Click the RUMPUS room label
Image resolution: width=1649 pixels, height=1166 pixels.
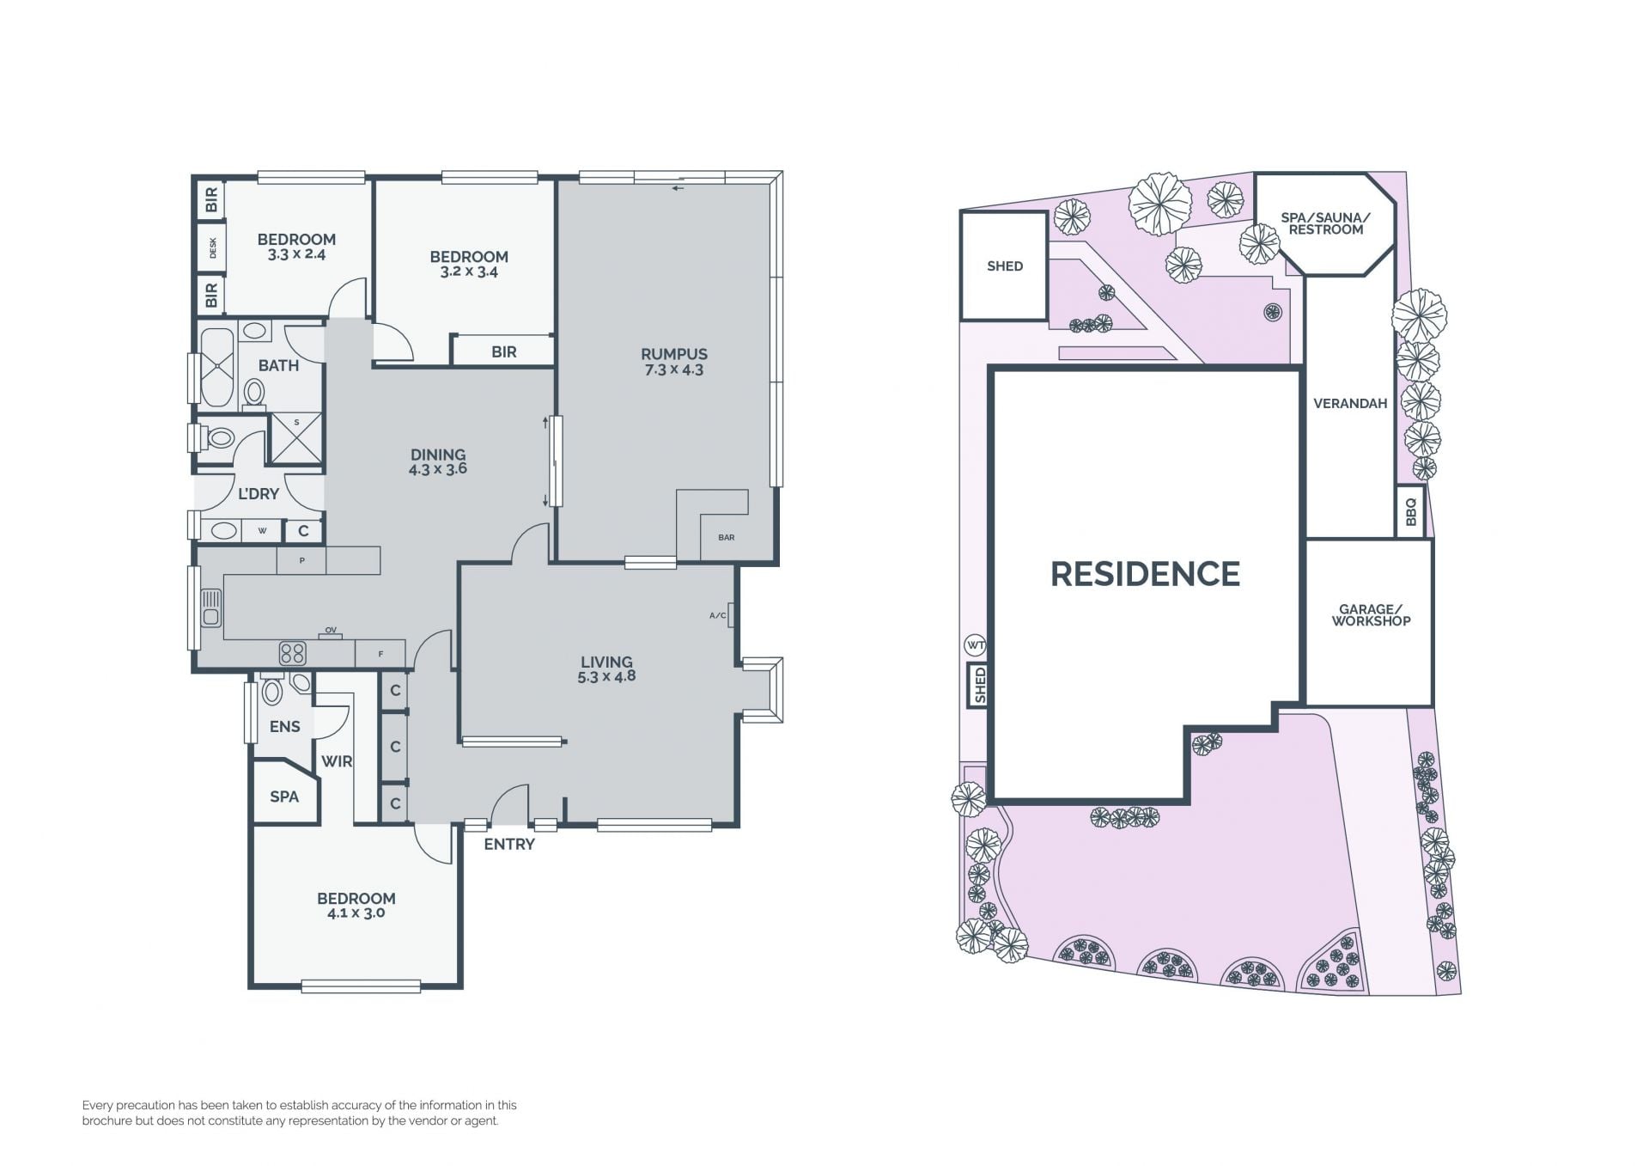tap(674, 354)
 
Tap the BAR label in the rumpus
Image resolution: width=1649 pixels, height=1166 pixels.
tap(727, 538)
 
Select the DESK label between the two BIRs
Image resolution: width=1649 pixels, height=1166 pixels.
tap(213, 248)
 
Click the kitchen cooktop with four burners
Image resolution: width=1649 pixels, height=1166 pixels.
tap(293, 654)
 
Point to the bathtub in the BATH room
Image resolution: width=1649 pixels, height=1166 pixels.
tap(217, 367)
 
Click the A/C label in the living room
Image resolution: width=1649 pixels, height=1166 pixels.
tap(718, 615)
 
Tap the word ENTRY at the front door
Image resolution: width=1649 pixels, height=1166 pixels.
tap(509, 845)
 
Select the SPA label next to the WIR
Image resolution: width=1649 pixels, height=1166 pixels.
tap(284, 797)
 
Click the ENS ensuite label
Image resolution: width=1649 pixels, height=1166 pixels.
tap(285, 727)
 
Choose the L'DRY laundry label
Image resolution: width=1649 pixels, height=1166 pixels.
tap(259, 494)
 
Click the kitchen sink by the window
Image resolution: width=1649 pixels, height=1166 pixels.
tap(211, 607)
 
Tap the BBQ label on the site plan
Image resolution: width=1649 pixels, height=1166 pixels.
tap(1411, 513)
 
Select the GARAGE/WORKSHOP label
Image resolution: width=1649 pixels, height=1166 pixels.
tap(1371, 615)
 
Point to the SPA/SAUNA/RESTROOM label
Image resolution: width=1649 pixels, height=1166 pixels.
tap(1326, 223)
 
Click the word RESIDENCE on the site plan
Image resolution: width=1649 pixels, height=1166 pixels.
tap(1146, 574)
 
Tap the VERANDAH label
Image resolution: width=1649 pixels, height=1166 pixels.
tap(1350, 404)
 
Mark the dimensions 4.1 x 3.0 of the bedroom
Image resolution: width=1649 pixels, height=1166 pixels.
tap(356, 913)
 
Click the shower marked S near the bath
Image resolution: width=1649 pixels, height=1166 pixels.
tap(297, 439)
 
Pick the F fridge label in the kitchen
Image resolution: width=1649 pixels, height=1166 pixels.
tap(380, 655)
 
